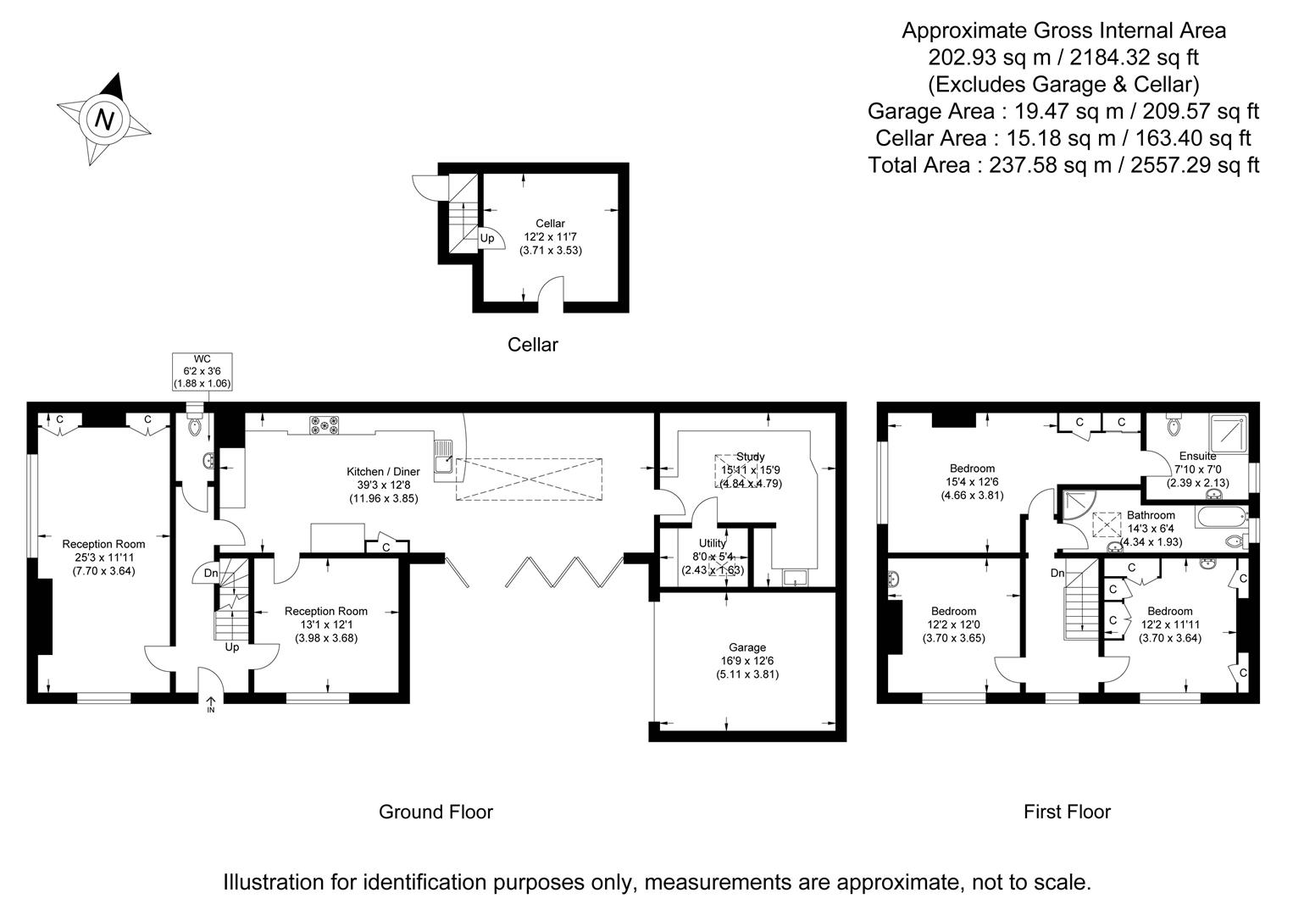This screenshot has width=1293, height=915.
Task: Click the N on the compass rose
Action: click(x=104, y=119)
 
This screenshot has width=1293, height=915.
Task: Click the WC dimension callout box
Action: click(x=202, y=371)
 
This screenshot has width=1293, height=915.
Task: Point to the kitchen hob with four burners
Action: click(x=324, y=425)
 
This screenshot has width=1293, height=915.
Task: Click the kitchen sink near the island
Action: click(x=444, y=458)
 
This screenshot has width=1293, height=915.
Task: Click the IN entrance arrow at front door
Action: click(x=211, y=704)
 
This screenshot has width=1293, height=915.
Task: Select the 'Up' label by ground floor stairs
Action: click(x=231, y=647)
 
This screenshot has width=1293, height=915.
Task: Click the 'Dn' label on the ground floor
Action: click(x=211, y=574)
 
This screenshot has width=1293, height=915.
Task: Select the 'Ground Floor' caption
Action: click(x=436, y=812)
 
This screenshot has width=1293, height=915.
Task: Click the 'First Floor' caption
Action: click(x=1067, y=812)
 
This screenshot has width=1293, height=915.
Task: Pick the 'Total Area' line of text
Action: click(x=1063, y=164)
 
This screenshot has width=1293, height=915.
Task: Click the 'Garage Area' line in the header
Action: click(x=1063, y=111)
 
